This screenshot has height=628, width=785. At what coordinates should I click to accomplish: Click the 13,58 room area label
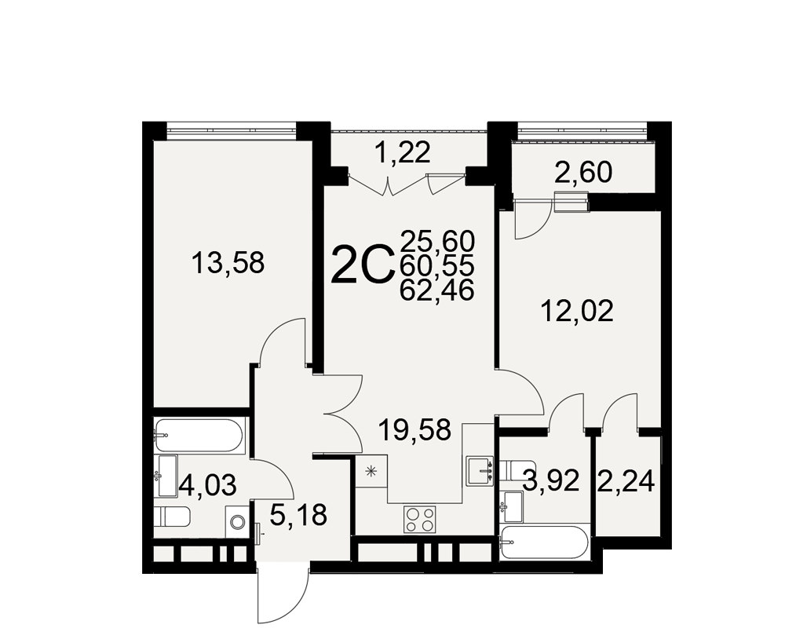228,264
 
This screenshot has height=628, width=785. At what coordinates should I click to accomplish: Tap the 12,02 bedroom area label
577,311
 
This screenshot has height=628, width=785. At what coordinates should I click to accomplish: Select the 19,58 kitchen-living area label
415,429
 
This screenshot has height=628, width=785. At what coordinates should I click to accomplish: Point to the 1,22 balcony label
403,152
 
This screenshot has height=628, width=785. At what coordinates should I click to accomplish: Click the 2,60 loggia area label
583,173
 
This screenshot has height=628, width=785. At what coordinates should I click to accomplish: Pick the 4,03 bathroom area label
207,485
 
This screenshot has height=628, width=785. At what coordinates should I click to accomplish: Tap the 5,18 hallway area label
298,515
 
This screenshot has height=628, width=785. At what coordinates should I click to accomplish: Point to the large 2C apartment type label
362,264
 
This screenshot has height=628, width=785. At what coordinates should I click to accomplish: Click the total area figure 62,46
437,290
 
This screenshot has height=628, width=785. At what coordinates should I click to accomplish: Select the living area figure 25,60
437,242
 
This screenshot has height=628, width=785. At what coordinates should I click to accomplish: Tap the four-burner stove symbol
420,520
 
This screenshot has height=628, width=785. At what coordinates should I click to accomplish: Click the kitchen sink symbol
480,471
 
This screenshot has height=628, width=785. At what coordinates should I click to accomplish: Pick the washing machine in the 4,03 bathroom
236,522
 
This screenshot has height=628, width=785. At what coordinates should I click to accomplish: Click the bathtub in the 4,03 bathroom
199,436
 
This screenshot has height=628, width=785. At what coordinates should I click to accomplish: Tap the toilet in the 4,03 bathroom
172,517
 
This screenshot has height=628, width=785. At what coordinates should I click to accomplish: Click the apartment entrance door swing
282,594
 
